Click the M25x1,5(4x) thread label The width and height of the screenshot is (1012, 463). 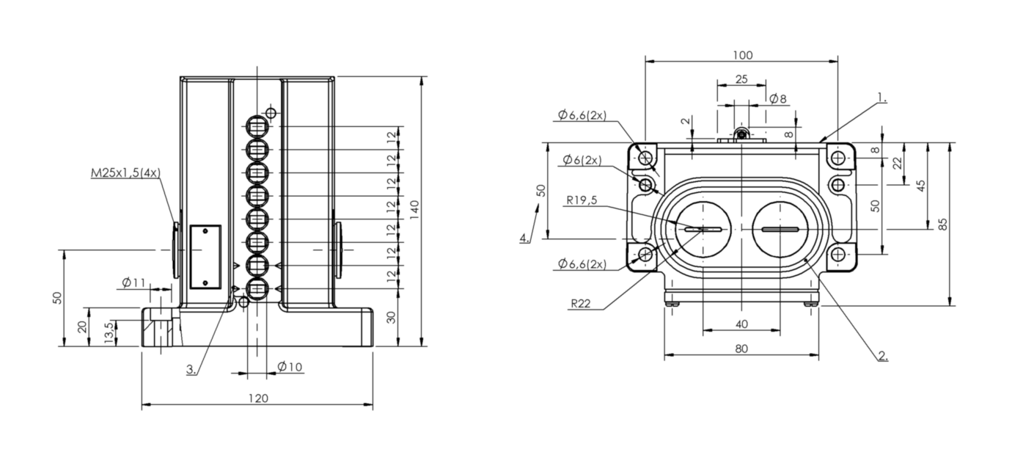pos(125,173)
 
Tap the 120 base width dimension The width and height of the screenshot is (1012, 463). pos(257,398)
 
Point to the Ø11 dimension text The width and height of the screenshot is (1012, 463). pos(134,282)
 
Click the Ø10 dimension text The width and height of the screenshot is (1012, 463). pos(290,367)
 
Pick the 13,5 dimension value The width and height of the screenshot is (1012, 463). pos(109,332)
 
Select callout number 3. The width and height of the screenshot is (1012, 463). pos(191,371)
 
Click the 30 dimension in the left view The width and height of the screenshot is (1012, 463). pos(392,317)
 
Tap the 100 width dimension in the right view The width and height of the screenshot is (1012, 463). pos(742,55)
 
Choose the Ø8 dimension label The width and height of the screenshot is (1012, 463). pos(777,98)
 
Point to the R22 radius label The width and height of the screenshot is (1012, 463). pos(579,302)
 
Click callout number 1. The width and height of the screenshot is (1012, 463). pos(882,97)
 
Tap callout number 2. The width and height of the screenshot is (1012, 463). pos(883,357)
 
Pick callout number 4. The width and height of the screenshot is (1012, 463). pos(524,238)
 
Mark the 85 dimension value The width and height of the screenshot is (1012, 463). pos(943,223)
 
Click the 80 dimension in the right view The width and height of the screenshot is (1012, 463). pos(741,349)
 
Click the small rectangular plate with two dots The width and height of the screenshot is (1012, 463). pos(205,256)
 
